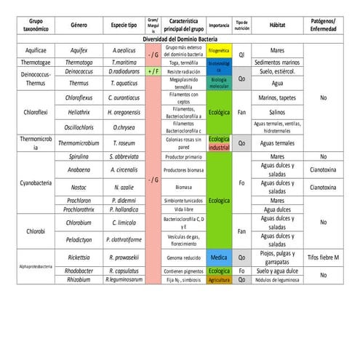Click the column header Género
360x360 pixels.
pyautogui.click(x=79, y=24)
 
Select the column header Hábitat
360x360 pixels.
pyautogui.click(x=277, y=24)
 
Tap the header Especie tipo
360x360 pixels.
pyautogui.click(x=125, y=24)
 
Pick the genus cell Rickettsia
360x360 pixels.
pyautogui.click(x=79, y=257)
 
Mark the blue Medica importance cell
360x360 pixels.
pyautogui.click(x=219, y=257)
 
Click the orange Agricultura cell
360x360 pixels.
pyautogui.click(x=219, y=279)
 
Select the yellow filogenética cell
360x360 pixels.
pyautogui.click(x=219, y=52)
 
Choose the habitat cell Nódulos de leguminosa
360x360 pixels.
pyautogui.click(x=277, y=279)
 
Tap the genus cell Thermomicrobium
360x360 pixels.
pyautogui.click(x=79, y=143)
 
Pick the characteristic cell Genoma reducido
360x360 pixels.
pyautogui.click(x=182, y=257)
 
